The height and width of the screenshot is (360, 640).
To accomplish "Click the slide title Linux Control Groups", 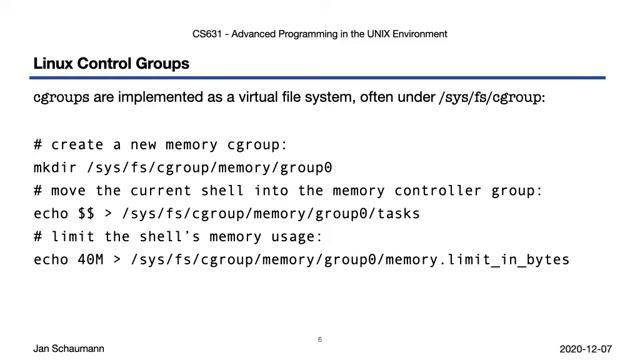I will click(x=111, y=64).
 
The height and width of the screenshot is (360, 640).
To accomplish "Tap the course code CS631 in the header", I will click(x=207, y=34).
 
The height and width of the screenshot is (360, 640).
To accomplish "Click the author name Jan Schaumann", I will click(x=68, y=348).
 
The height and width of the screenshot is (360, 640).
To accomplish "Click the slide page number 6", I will click(x=320, y=340).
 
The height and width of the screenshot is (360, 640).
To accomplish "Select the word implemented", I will click(x=166, y=97).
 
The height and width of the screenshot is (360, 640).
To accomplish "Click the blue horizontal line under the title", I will click(x=320, y=78).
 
